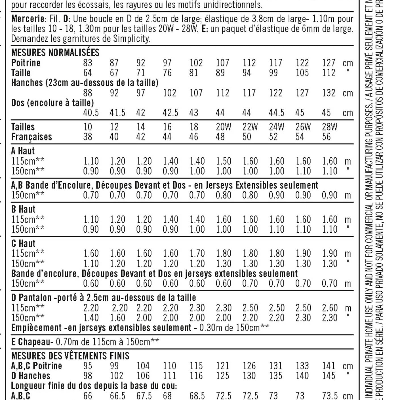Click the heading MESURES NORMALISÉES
(55, 53)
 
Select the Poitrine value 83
(88, 63)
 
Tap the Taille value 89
(220, 73)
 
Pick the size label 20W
(224, 127)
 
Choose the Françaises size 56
(327, 137)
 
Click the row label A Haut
(23, 151)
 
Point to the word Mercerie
(28, 19)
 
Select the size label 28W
(330, 127)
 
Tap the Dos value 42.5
(170, 113)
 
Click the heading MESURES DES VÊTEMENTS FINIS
(70, 356)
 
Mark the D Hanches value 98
(88, 376)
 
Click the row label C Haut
(23, 243)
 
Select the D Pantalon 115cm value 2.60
(330, 308)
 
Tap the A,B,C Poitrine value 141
(329, 366)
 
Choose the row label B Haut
(23, 209)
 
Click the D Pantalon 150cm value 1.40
(91, 318)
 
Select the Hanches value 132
(329, 93)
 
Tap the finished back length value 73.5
(330, 396)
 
